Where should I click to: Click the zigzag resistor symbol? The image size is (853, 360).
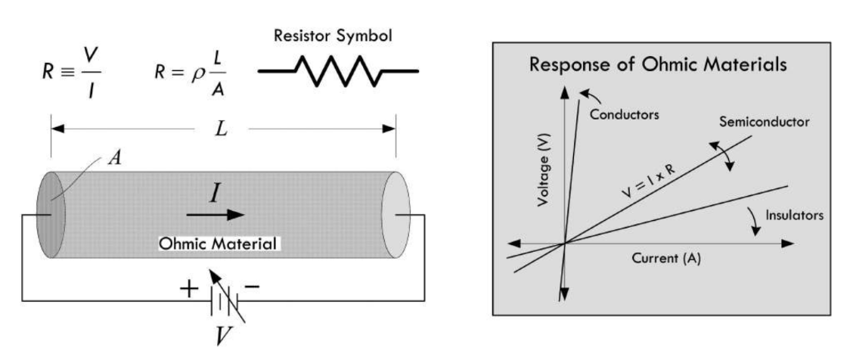(x=338, y=72)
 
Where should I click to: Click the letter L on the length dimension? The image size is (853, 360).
(x=222, y=128)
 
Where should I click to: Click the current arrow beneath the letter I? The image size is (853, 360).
(x=216, y=214)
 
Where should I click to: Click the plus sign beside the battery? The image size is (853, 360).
(x=186, y=289)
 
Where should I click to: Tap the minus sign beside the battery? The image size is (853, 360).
(x=253, y=288)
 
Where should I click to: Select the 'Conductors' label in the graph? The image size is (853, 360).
(x=625, y=116)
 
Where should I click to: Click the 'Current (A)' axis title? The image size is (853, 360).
(x=666, y=259)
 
